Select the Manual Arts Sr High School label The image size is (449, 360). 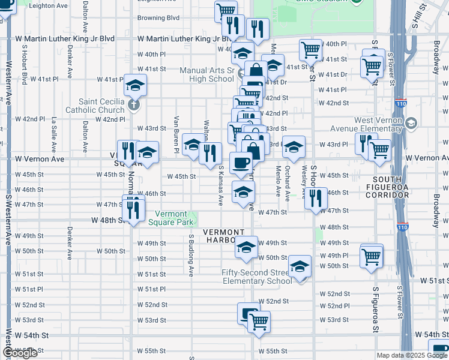[207, 74]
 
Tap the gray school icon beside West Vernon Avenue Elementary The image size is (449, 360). [411, 124]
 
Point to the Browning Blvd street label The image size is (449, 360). [158, 18]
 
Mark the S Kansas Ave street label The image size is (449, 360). [221, 185]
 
